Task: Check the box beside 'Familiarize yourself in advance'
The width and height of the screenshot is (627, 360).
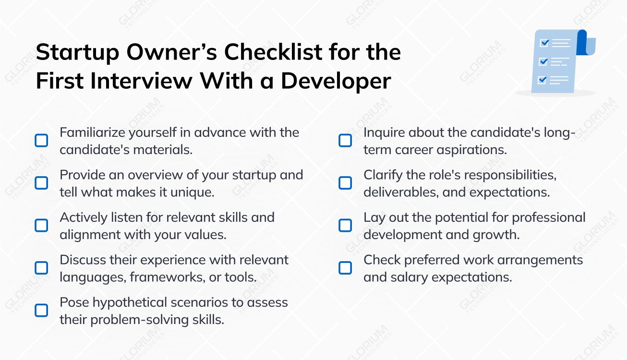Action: tap(42, 141)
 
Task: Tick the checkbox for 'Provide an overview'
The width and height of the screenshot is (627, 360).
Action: tap(42, 183)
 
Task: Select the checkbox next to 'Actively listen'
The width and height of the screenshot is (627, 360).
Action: tap(42, 225)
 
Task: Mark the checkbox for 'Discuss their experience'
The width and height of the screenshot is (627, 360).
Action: tap(42, 267)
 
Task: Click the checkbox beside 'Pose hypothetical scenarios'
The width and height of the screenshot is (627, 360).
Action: tap(42, 310)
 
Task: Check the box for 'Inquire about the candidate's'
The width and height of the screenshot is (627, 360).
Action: tap(345, 141)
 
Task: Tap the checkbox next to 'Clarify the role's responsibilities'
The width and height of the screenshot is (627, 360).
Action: tap(345, 183)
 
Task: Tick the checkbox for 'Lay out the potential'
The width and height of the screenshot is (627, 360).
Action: tap(345, 225)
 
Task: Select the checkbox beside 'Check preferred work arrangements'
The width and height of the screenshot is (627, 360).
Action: tap(345, 267)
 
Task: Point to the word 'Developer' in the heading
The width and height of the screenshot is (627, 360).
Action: tap(336, 81)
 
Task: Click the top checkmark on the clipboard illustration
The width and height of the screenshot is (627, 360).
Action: tap(544, 43)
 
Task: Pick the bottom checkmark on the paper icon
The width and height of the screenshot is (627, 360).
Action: tap(543, 80)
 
